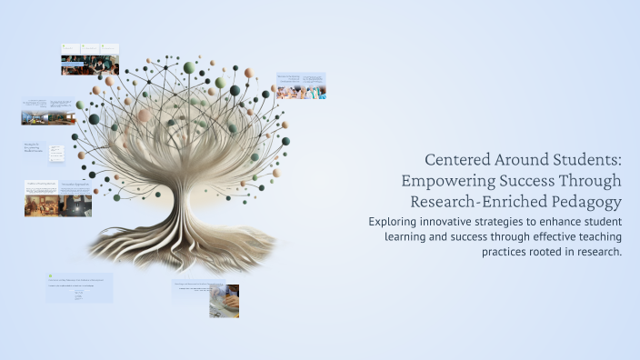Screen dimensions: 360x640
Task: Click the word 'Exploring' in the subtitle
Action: pos(396,221)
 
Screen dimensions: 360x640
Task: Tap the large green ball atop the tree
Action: pos(189,67)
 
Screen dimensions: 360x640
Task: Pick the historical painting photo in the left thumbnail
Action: pos(41,205)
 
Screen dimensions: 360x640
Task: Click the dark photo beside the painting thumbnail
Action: pos(75,205)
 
